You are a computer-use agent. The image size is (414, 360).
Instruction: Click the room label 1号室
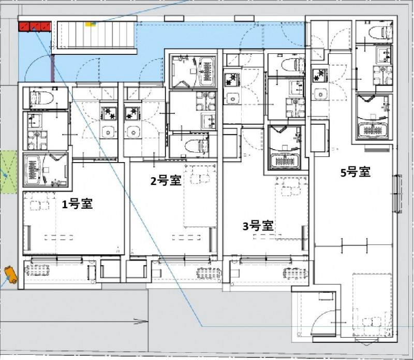click(78, 204)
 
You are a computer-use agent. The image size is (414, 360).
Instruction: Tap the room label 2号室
click(165, 181)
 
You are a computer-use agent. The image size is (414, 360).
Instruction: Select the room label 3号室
click(258, 226)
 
